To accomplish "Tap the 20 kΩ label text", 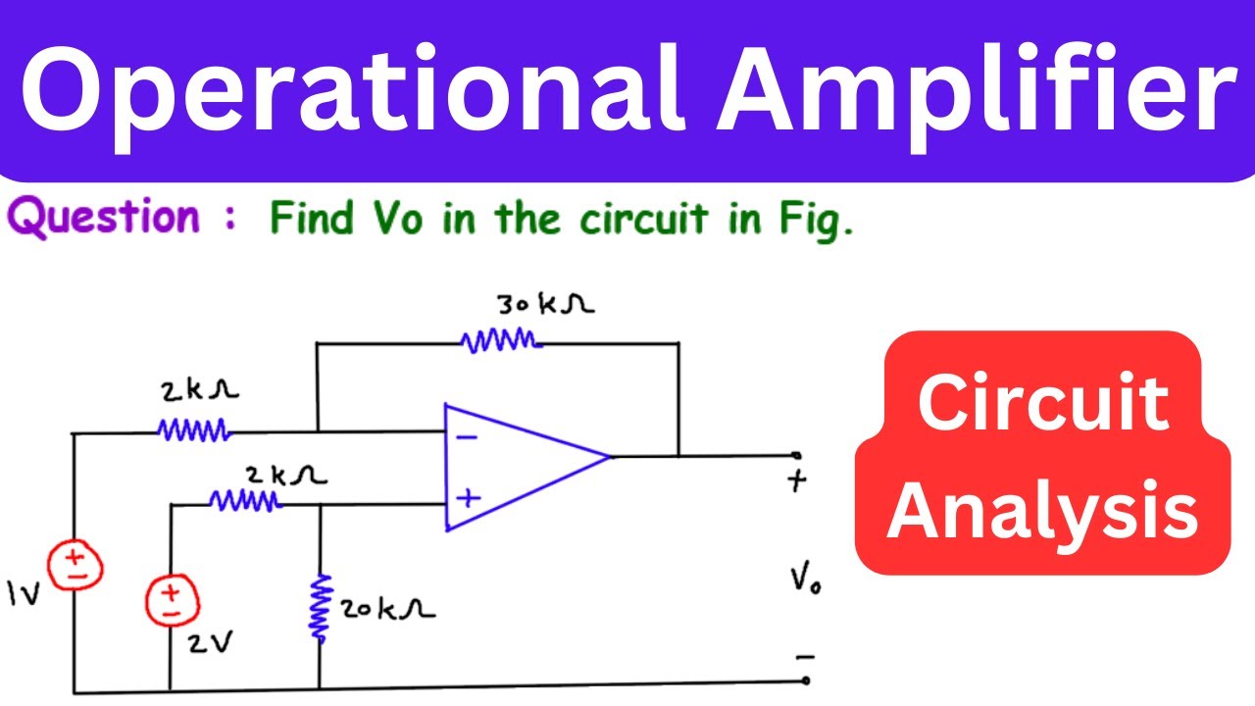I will pos(388,610).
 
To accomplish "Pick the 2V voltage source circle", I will pos(171,599).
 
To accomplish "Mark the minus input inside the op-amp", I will pos(468,436).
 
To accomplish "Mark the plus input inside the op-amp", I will pos(469,497).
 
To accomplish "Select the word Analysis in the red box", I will pos(1043,510).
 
